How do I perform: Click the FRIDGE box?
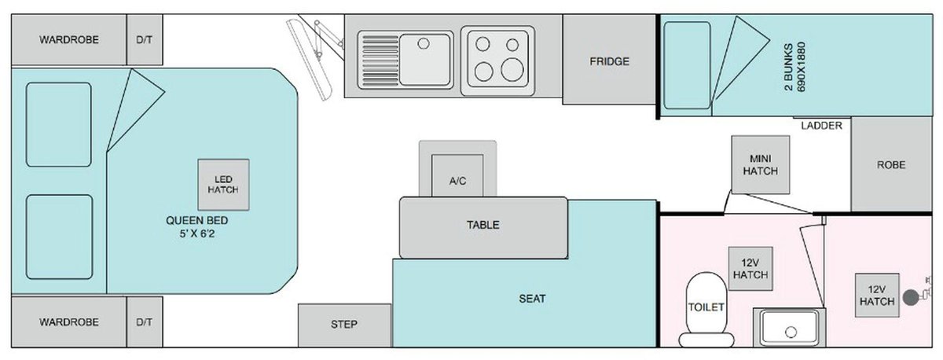610,61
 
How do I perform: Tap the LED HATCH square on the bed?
222,184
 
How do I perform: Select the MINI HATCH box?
759,164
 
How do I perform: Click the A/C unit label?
457,181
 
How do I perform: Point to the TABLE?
483,224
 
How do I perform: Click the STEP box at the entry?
344,325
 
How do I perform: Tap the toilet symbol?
705,307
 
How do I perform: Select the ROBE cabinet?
890,165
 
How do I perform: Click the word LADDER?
821,126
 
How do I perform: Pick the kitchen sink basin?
425,58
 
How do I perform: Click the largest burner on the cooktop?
512,69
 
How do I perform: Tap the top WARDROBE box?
69,40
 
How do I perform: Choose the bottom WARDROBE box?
69,322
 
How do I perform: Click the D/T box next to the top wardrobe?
145,40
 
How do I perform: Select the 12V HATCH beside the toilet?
750,269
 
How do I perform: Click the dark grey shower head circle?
911,297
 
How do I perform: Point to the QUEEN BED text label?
196,226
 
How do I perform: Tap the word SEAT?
532,299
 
